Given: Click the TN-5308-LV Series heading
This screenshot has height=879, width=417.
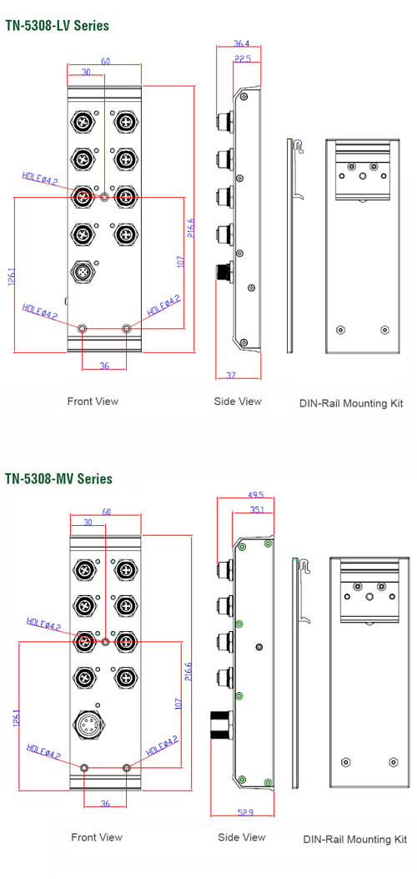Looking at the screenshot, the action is coord(57,25).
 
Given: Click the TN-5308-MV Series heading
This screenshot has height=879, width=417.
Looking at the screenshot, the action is coord(58,479).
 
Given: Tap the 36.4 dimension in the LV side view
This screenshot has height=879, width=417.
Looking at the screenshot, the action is coord(241,43).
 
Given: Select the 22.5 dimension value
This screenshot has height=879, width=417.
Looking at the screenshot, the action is coord(243,59).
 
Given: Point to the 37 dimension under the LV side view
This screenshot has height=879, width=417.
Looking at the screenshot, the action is coord(231,375).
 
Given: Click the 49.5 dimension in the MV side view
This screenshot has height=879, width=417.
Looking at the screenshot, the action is coord(254,494).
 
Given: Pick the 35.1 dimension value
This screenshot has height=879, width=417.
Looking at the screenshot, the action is coord(256,509).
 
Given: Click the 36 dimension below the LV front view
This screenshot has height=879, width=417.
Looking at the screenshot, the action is coord(104,366).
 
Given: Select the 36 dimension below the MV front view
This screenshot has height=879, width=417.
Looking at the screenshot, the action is coord(105,803).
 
